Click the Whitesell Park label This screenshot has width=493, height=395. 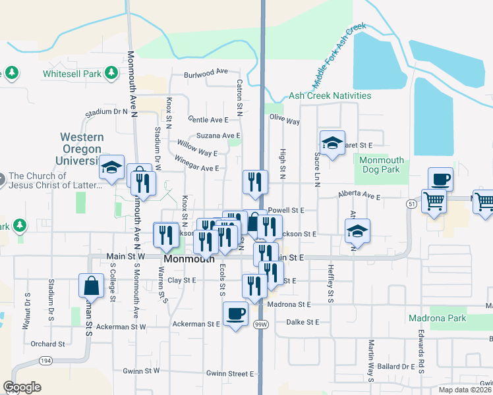[72, 74]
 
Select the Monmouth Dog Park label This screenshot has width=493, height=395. [381, 165]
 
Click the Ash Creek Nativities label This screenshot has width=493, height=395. [330, 95]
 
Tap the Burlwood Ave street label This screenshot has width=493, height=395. [206, 72]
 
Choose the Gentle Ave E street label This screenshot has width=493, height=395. [208, 120]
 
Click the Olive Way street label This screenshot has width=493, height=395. [285, 122]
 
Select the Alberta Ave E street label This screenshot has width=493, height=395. [360, 196]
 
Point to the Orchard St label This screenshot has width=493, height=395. [47, 344]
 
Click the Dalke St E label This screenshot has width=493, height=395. [303, 322]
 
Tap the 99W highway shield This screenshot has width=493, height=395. [262, 325]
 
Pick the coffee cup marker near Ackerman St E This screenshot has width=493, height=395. [235, 314]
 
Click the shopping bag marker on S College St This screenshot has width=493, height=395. [91, 286]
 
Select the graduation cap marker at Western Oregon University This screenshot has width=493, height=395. [112, 168]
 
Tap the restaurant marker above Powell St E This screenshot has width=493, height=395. [255, 182]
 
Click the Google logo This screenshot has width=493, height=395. [22, 387]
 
